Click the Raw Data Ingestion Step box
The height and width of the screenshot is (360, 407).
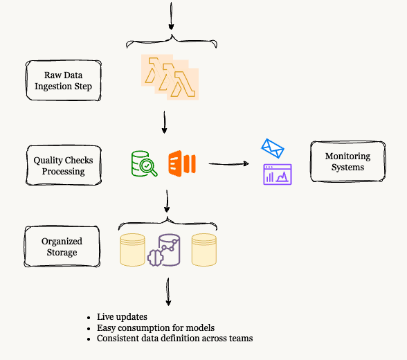pos(64,82)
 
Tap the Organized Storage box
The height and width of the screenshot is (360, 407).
pos(63,247)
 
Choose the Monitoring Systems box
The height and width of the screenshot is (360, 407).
pos(347,162)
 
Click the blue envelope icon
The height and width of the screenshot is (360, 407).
pos(273,148)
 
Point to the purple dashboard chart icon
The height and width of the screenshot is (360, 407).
pos(277,174)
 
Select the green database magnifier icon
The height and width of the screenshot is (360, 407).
pos(144,163)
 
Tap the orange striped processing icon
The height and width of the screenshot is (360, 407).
pos(181,163)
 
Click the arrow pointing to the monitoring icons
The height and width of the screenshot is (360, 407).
pos(229,164)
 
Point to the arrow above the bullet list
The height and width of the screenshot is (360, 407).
pos(168,294)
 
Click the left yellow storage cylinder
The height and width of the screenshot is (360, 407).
pos(132,250)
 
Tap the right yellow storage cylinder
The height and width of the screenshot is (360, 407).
pos(204,250)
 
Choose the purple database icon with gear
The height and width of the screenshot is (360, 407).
pos(167,251)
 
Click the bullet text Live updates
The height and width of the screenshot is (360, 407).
pos(122,317)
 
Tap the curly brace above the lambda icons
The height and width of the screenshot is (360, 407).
pos(171,41)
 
